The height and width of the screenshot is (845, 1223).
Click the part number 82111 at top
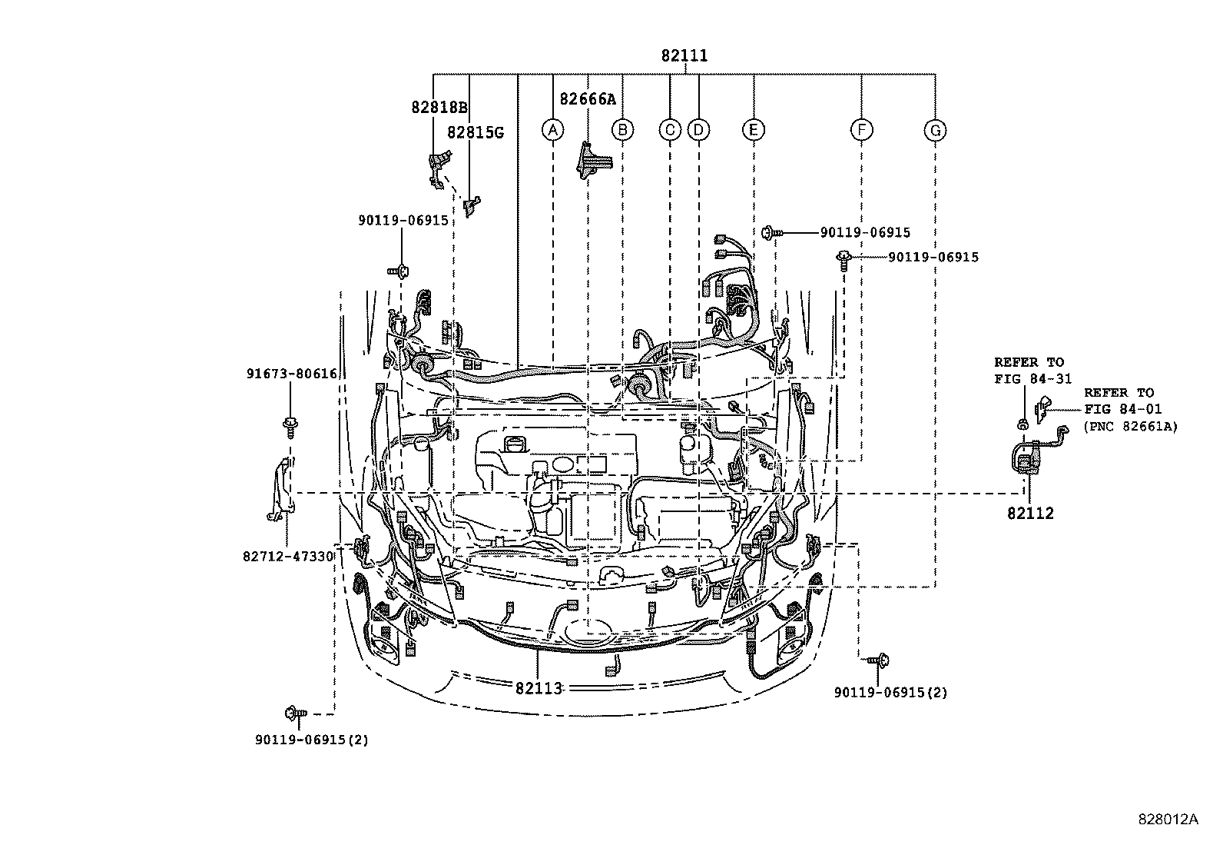684,56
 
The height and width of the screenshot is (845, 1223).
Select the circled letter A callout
552,130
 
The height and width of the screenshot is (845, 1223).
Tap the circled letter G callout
935,131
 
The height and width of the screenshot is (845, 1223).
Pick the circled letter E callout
754,130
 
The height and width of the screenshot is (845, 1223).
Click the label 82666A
588,99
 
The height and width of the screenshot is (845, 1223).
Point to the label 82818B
439,108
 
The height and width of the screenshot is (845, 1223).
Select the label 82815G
475,132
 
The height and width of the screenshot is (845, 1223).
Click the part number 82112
1030,514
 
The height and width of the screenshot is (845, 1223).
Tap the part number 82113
539,687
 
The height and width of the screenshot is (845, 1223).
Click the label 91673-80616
292,374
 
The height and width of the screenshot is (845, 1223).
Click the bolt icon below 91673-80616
291,425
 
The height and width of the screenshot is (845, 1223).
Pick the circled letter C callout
670,130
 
